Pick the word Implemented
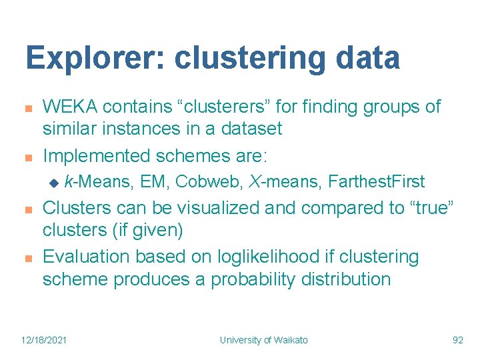[x=96, y=156]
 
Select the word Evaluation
[x=87, y=257]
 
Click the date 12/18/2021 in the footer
[x=44, y=340]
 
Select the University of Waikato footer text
[x=264, y=340]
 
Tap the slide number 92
[x=457, y=340]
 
